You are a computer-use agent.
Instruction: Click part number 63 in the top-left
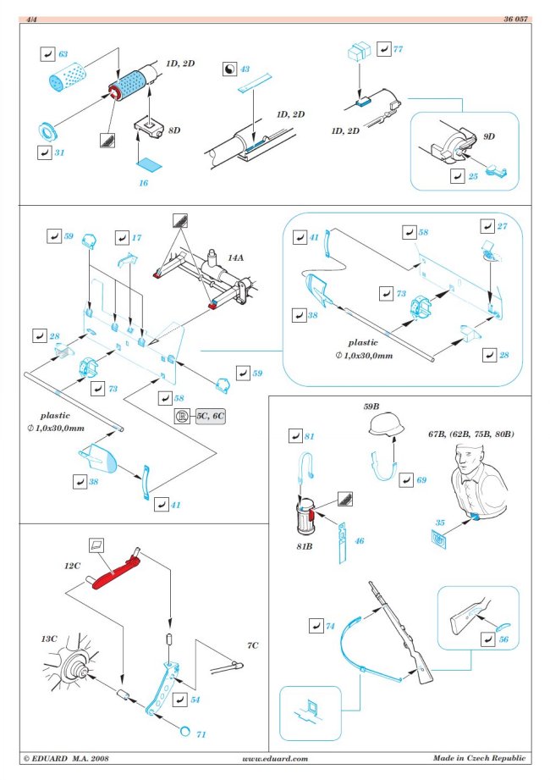(63, 54)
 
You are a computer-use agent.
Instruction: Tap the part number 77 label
(397, 50)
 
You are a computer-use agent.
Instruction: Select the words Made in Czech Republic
(479, 759)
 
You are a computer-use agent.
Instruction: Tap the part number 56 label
(503, 640)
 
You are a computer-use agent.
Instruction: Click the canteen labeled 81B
(303, 514)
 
